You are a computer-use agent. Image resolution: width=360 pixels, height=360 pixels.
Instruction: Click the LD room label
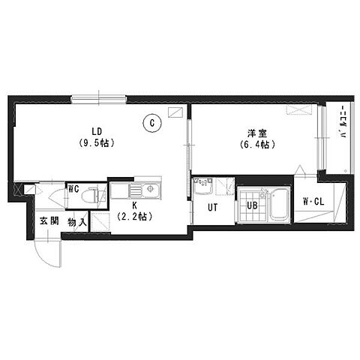97,131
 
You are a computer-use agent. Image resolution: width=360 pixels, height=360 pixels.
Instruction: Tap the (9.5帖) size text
97,143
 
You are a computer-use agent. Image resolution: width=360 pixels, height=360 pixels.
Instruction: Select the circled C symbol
152,123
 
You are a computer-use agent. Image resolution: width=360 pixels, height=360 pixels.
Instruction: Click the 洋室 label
257,133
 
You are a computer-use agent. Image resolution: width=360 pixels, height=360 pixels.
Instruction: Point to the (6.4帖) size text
257,145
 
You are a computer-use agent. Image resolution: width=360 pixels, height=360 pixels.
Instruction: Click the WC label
73,189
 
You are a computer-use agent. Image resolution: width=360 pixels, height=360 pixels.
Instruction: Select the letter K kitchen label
134,205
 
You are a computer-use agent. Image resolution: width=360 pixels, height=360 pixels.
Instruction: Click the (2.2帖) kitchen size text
135,217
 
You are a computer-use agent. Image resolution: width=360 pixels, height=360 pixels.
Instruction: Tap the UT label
212,207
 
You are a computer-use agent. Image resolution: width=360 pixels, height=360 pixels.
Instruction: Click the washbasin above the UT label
203,186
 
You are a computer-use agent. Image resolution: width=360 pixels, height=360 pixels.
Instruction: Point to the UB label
252,205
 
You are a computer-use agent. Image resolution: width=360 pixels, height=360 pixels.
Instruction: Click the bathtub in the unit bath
279,204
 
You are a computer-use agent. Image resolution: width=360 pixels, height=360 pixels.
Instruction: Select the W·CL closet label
313,202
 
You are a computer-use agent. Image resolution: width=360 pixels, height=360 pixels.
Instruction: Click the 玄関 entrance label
49,220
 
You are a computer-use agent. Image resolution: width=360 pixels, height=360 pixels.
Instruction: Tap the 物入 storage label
77,222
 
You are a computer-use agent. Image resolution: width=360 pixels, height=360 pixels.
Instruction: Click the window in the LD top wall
98,100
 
